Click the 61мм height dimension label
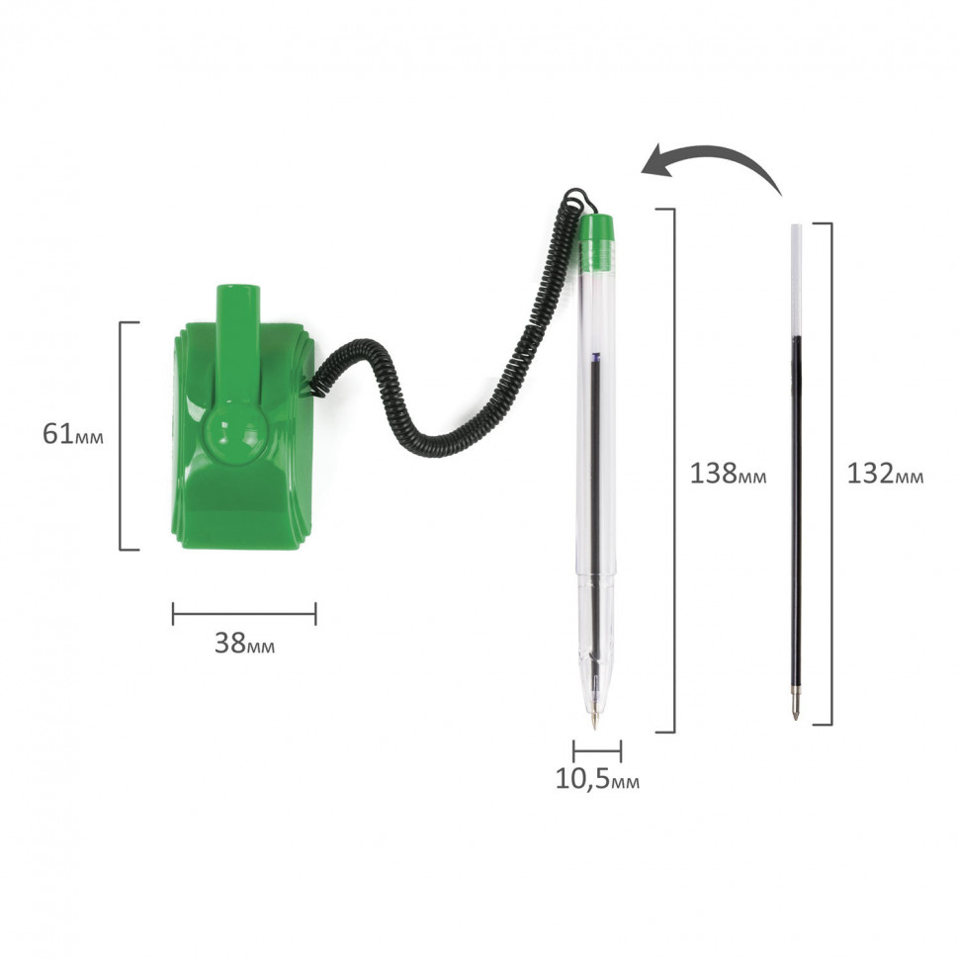pyautogui.click(x=73, y=434)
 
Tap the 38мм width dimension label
pyautogui.click(x=244, y=643)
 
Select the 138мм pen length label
pyautogui.click(x=728, y=474)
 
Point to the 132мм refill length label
pyautogui.click(x=885, y=474)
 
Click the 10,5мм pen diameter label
pyautogui.click(x=597, y=779)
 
